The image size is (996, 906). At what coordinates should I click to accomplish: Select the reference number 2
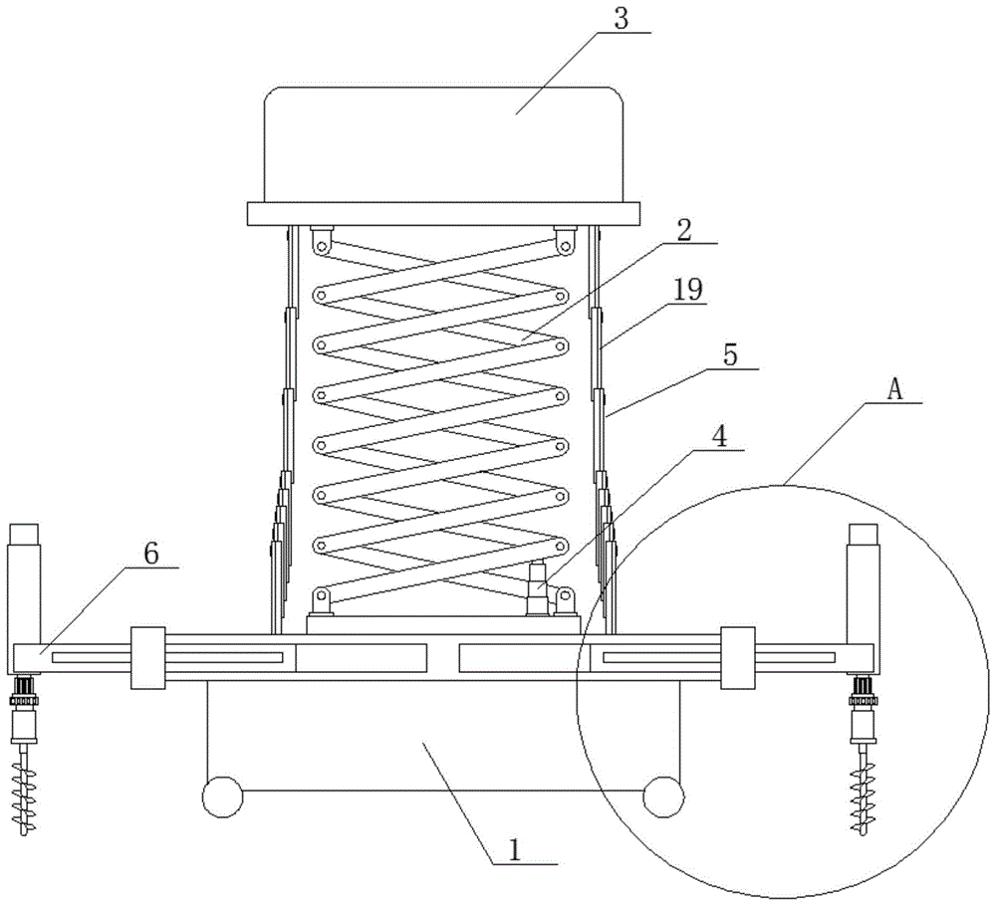coord(683,230)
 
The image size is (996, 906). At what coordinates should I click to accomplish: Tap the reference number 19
coord(688,290)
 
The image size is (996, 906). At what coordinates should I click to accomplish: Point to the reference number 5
coord(730,354)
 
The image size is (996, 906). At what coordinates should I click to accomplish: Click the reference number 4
coord(720,437)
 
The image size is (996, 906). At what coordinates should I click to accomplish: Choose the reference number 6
coord(151,554)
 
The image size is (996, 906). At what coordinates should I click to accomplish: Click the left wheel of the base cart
coord(222,796)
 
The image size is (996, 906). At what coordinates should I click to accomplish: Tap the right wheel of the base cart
coord(663,796)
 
